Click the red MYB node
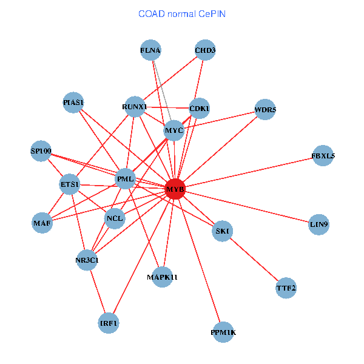[175, 189]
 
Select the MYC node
[174, 130]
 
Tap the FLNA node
[150, 50]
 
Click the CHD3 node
[205, 50]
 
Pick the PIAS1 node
[73, 102]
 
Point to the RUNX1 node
[134, 107]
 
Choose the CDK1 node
[200, 109]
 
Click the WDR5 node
[265, 110]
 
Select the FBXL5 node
[323, 156]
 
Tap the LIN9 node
[319, 224]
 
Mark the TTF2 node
[286, 288]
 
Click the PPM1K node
[223, 332]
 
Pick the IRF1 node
[109, 323]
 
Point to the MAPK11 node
[162, 277]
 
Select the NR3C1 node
[87, 260]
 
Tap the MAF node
[42, 223]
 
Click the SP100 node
[41, 150]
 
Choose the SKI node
[223, 231]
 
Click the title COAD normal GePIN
[182, 13]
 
